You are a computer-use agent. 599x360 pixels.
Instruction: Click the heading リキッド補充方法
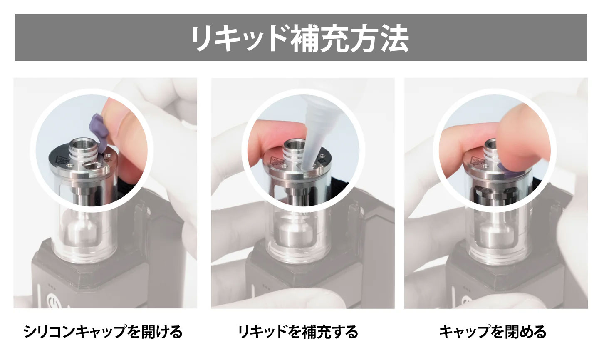coord(299,38)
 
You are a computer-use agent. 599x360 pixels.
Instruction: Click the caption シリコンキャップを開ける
coord(103,332)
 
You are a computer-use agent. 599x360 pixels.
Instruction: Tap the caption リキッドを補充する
coord(298,332)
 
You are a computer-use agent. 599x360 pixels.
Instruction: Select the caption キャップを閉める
coord(493,332)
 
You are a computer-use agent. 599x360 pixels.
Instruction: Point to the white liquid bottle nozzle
coord(313,134)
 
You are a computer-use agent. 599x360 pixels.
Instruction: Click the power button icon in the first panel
coord(52,301)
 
